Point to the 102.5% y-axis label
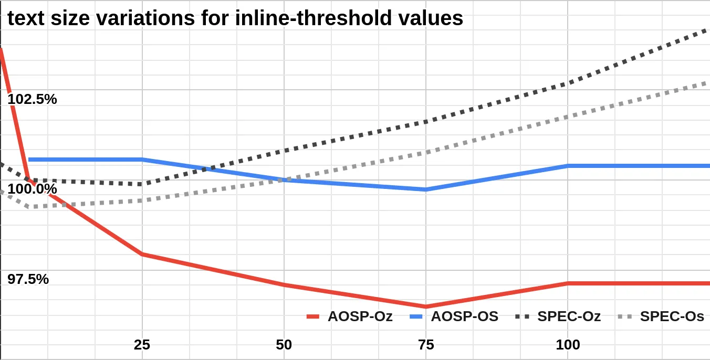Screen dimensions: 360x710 [32, 99]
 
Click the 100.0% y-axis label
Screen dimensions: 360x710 [32, 189]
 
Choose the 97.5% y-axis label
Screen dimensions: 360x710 [28, 279]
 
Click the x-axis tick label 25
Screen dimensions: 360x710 [142, 345]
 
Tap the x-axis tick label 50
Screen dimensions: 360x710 [284, 345]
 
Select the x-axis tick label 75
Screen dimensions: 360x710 [425, 345]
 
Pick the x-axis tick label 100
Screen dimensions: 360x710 [568, 345]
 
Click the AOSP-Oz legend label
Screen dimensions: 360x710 [360, 316]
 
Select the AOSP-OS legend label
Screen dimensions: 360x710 [464, 316]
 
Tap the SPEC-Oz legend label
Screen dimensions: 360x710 [569, 316]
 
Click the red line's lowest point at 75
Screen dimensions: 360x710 [425, 306]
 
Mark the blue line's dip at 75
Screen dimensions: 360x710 [425, 189]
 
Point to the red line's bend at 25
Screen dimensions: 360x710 [142, 255]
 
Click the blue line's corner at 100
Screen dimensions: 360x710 [568, 166]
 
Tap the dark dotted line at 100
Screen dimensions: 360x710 [568, 83]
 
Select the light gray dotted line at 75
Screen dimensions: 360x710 [425, 153]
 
